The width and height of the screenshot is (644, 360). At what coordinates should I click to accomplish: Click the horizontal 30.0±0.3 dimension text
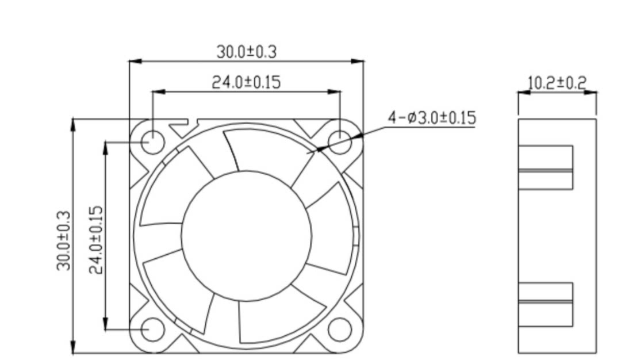pyautogui.click(x=247, y=52)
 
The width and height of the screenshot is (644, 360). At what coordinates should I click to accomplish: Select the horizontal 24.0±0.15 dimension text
pyautogui.click(x=246, y=82)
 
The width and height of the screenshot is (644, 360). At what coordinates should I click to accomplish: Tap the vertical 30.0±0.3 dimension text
pyautogui.click(x=64, y=241)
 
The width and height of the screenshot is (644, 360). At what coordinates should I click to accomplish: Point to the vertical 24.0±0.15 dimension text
pyautogui.click(x=95, y=240)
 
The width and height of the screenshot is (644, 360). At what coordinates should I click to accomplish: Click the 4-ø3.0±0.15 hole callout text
pyautogui.click(x=432, y=118)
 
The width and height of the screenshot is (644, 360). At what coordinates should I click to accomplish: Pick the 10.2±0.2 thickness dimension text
pyautogui.click(x=557, y=83)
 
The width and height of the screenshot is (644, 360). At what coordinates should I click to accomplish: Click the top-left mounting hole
pyautogui.click(x=153, y=142)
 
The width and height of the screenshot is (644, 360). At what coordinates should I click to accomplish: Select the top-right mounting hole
pyautogui.click(x=340, y=142)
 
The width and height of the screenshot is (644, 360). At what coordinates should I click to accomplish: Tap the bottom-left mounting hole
pyautogui.click(x=153, y=329)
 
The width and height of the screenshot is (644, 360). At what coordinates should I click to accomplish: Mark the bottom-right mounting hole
pyautogui.click(x=340, y=329)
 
